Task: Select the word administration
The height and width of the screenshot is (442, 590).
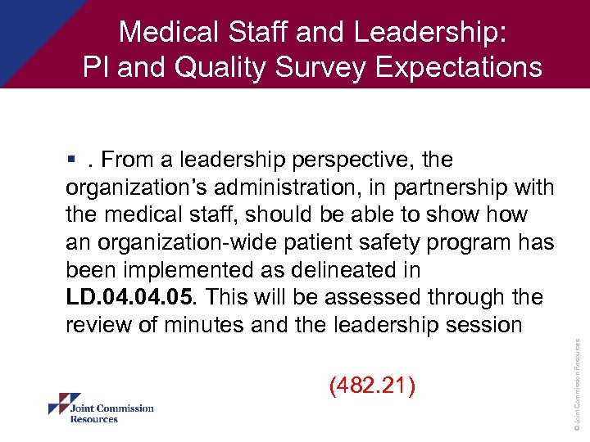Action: [x=297, y=187]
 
